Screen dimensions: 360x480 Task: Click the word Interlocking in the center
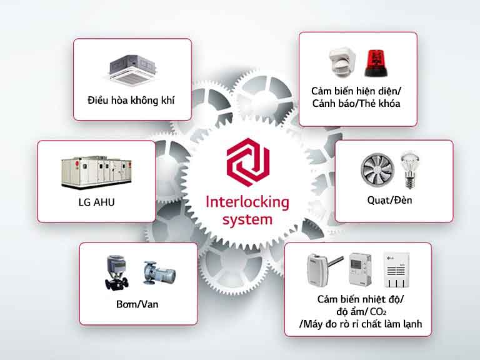pos(239,202)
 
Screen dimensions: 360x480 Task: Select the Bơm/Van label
pos(138,305)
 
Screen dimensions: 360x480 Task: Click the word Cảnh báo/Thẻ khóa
pos(357,104)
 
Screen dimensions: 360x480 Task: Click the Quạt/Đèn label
pos(394,201)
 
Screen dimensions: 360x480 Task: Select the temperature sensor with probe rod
pos(325,269)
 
